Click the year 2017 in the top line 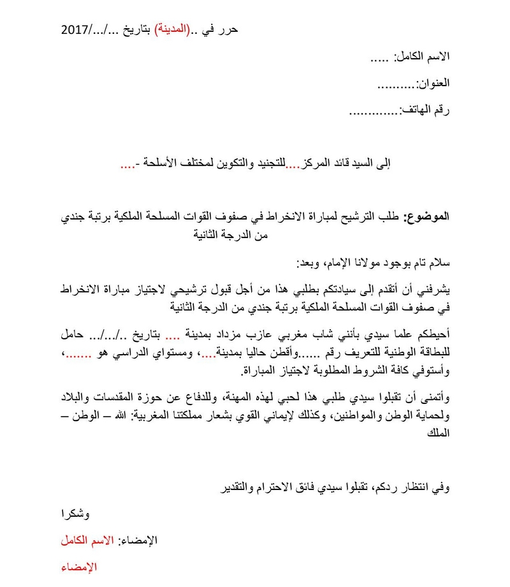coord(75,30)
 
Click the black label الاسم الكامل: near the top coord(421,57)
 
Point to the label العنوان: coord(433,84)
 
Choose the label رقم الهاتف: coord(424,110)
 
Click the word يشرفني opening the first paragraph coord(432,290)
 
